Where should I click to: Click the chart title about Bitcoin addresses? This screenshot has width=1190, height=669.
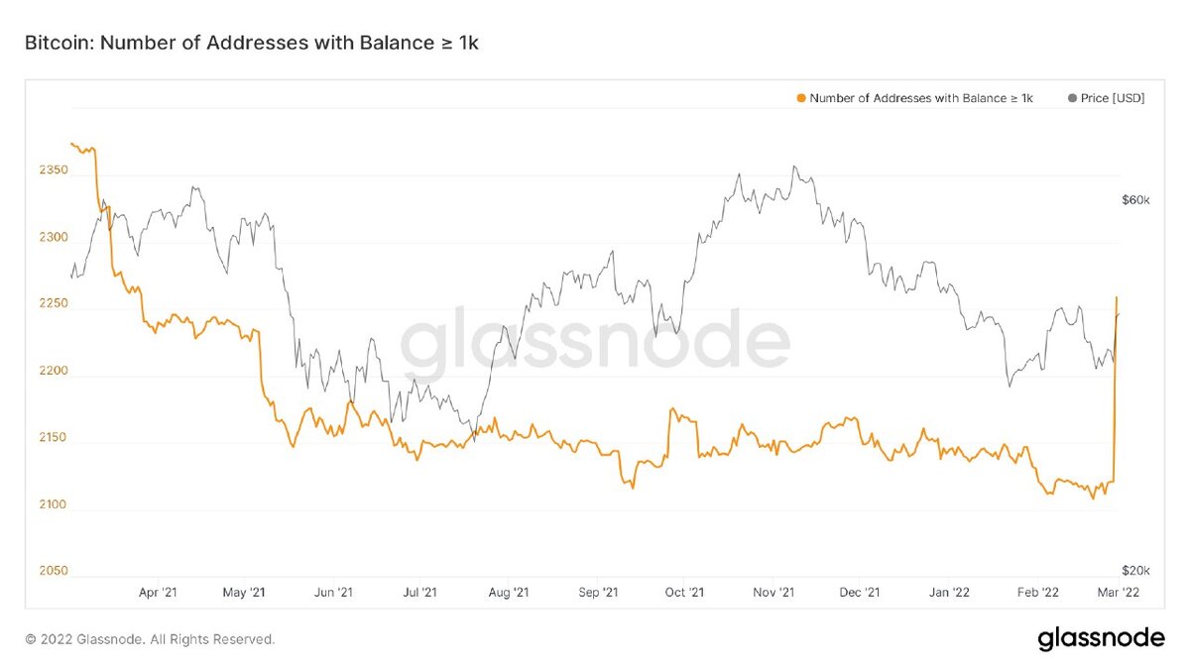pos(251,45)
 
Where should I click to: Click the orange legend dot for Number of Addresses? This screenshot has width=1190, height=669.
pos(800,98)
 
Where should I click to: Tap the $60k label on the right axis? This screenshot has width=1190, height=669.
pos(1134,200)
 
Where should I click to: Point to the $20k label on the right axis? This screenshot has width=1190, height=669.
pos(1134,572)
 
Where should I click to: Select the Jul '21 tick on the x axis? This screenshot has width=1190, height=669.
pos(421,593)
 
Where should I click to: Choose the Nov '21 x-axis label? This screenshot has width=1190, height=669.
pos(773,593)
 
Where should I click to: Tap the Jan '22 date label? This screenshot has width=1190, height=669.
pos(949,593)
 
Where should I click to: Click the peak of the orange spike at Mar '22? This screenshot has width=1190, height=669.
pos(1117,297)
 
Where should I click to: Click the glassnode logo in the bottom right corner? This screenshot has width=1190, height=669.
pos(1101,639)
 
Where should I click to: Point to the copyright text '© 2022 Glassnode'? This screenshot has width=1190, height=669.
pos(150,640)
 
